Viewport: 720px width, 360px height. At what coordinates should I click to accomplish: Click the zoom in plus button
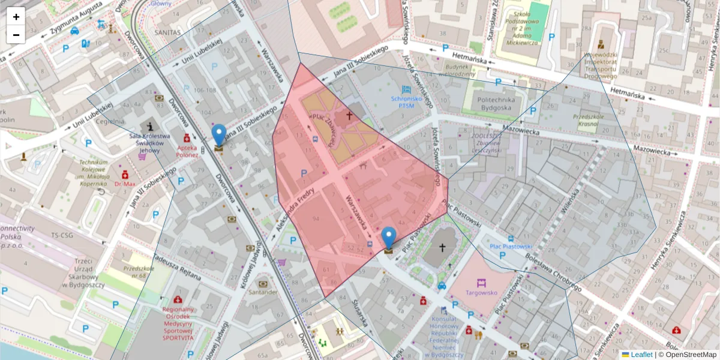pyautogui.click(x=16, y=17)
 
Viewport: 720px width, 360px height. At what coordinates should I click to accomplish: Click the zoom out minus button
pyautogui.click(x=16, y=35)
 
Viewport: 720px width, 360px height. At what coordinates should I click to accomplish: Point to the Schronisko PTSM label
pyautogui.click(x=407, y=101)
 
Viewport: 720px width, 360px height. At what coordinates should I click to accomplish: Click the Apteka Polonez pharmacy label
pyautogui.click(x=187, y=151)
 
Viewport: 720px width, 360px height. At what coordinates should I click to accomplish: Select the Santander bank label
pyautogui.click(x=263, y=292)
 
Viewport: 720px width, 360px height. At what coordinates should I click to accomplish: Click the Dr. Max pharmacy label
pyautogui.click(x=125, y=184)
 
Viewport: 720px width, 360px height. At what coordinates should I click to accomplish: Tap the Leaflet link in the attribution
pyautogui.click(x=641, y=355)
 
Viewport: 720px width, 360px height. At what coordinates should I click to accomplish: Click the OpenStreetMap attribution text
pyautogui.click(x=689, y=355)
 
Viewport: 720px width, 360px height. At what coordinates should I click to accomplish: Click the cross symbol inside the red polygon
pyautogui.click(x=349, y=114)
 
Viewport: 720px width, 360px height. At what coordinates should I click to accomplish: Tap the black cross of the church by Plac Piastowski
pyautogui.click(x=443, y=247)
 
